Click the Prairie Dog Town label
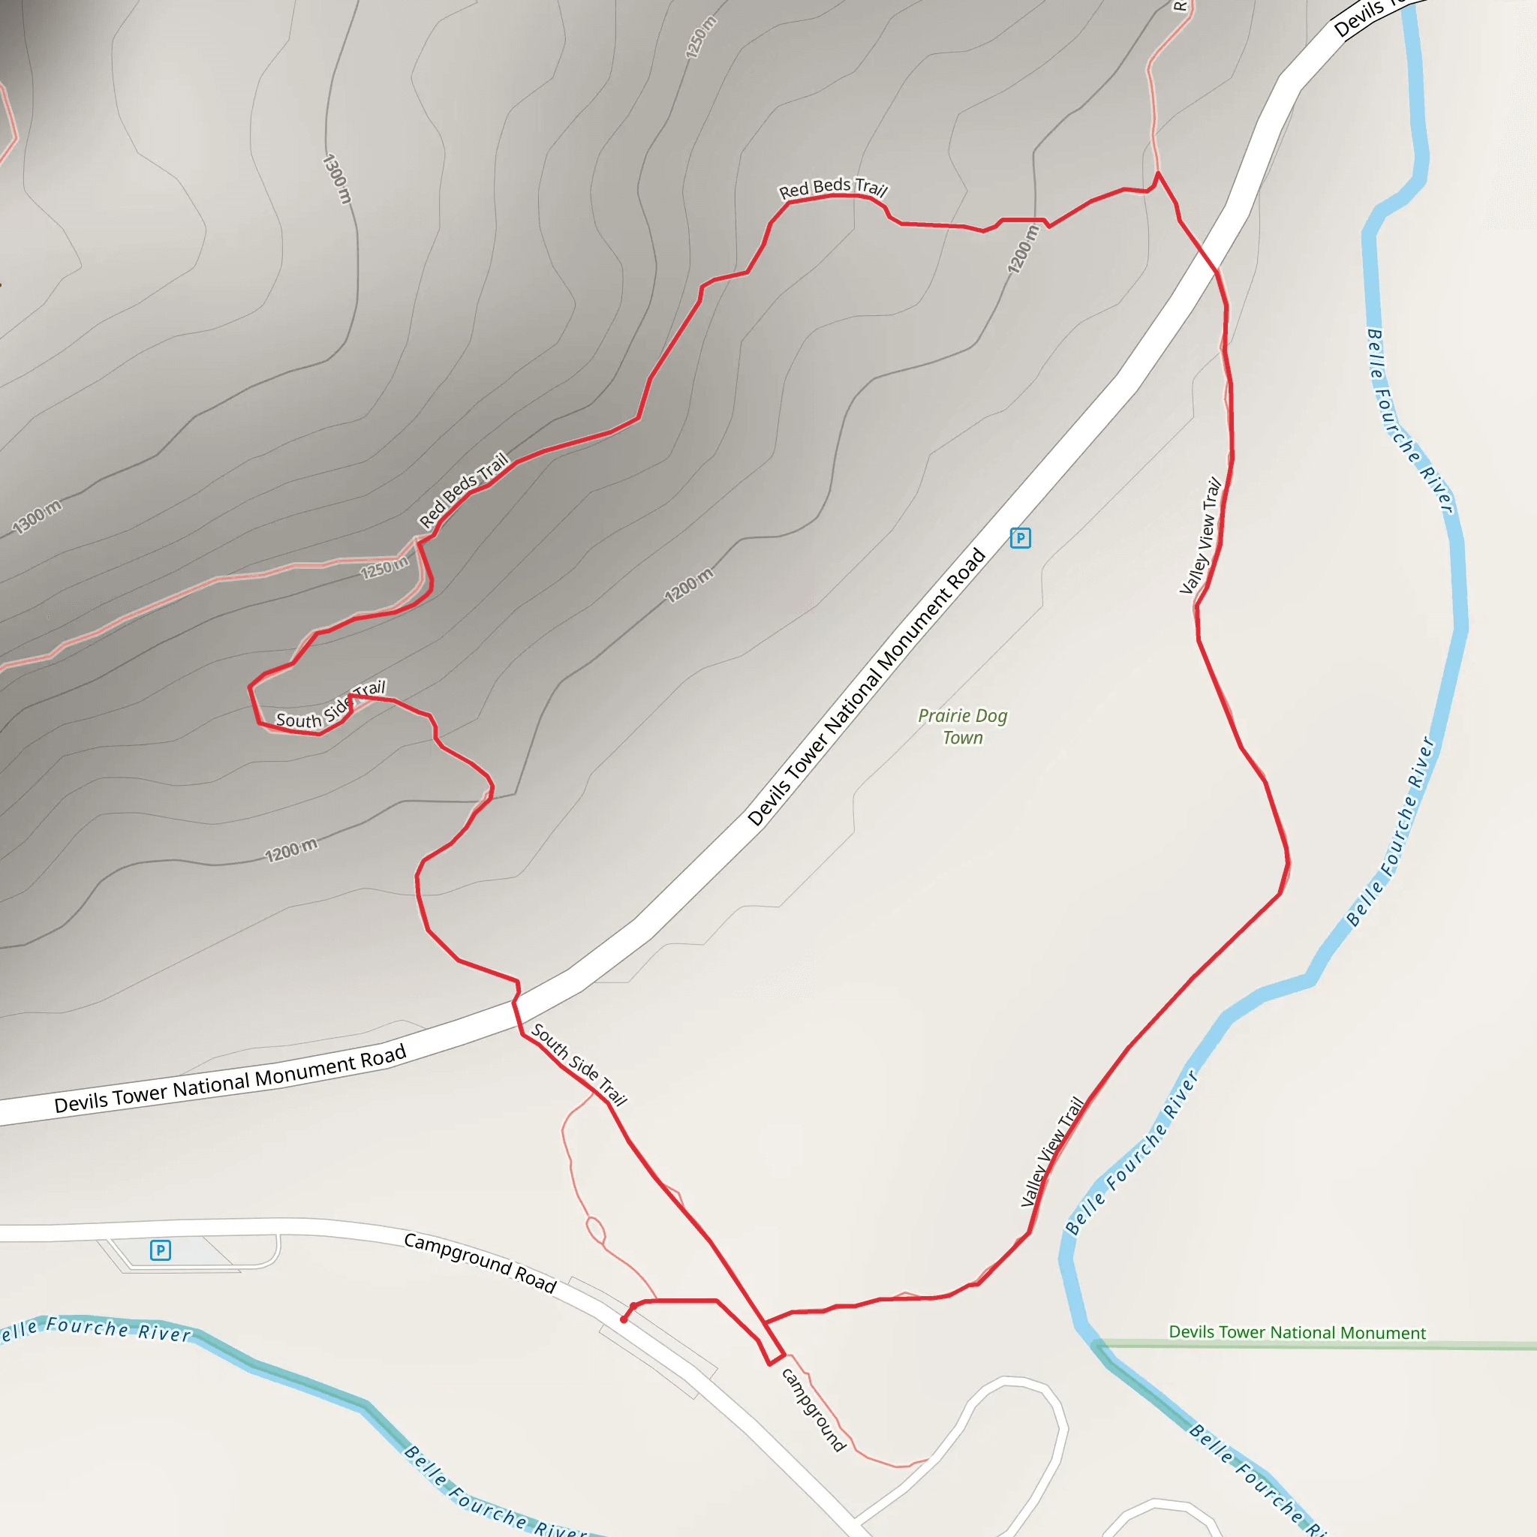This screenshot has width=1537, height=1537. pos(963,726)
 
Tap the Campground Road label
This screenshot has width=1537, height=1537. pos(480,1262)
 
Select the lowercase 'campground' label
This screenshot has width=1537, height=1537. pos(812,1409)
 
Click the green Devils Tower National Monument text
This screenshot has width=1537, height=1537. pos(1297,1333)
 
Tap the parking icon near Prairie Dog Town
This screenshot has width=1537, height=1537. pos(1020,539)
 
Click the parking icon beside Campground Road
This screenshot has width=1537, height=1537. pos(160,1250)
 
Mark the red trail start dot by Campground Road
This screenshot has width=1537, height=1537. pos(624,1320)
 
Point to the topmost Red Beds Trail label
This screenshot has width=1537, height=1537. pos(832,188)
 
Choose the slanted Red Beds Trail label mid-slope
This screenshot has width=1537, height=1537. pos(463,490)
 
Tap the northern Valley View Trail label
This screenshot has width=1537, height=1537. pos(1201,535)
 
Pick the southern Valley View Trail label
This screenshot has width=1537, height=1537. pos(1052,1151)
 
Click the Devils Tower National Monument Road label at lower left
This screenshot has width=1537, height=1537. pos(230,1079)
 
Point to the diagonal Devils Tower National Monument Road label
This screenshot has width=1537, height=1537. pos(867,687)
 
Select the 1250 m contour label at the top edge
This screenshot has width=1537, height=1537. pos(700,38)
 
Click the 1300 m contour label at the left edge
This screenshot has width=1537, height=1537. pos(37,518)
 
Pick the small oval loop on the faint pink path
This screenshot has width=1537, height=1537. pos(595,1230)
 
